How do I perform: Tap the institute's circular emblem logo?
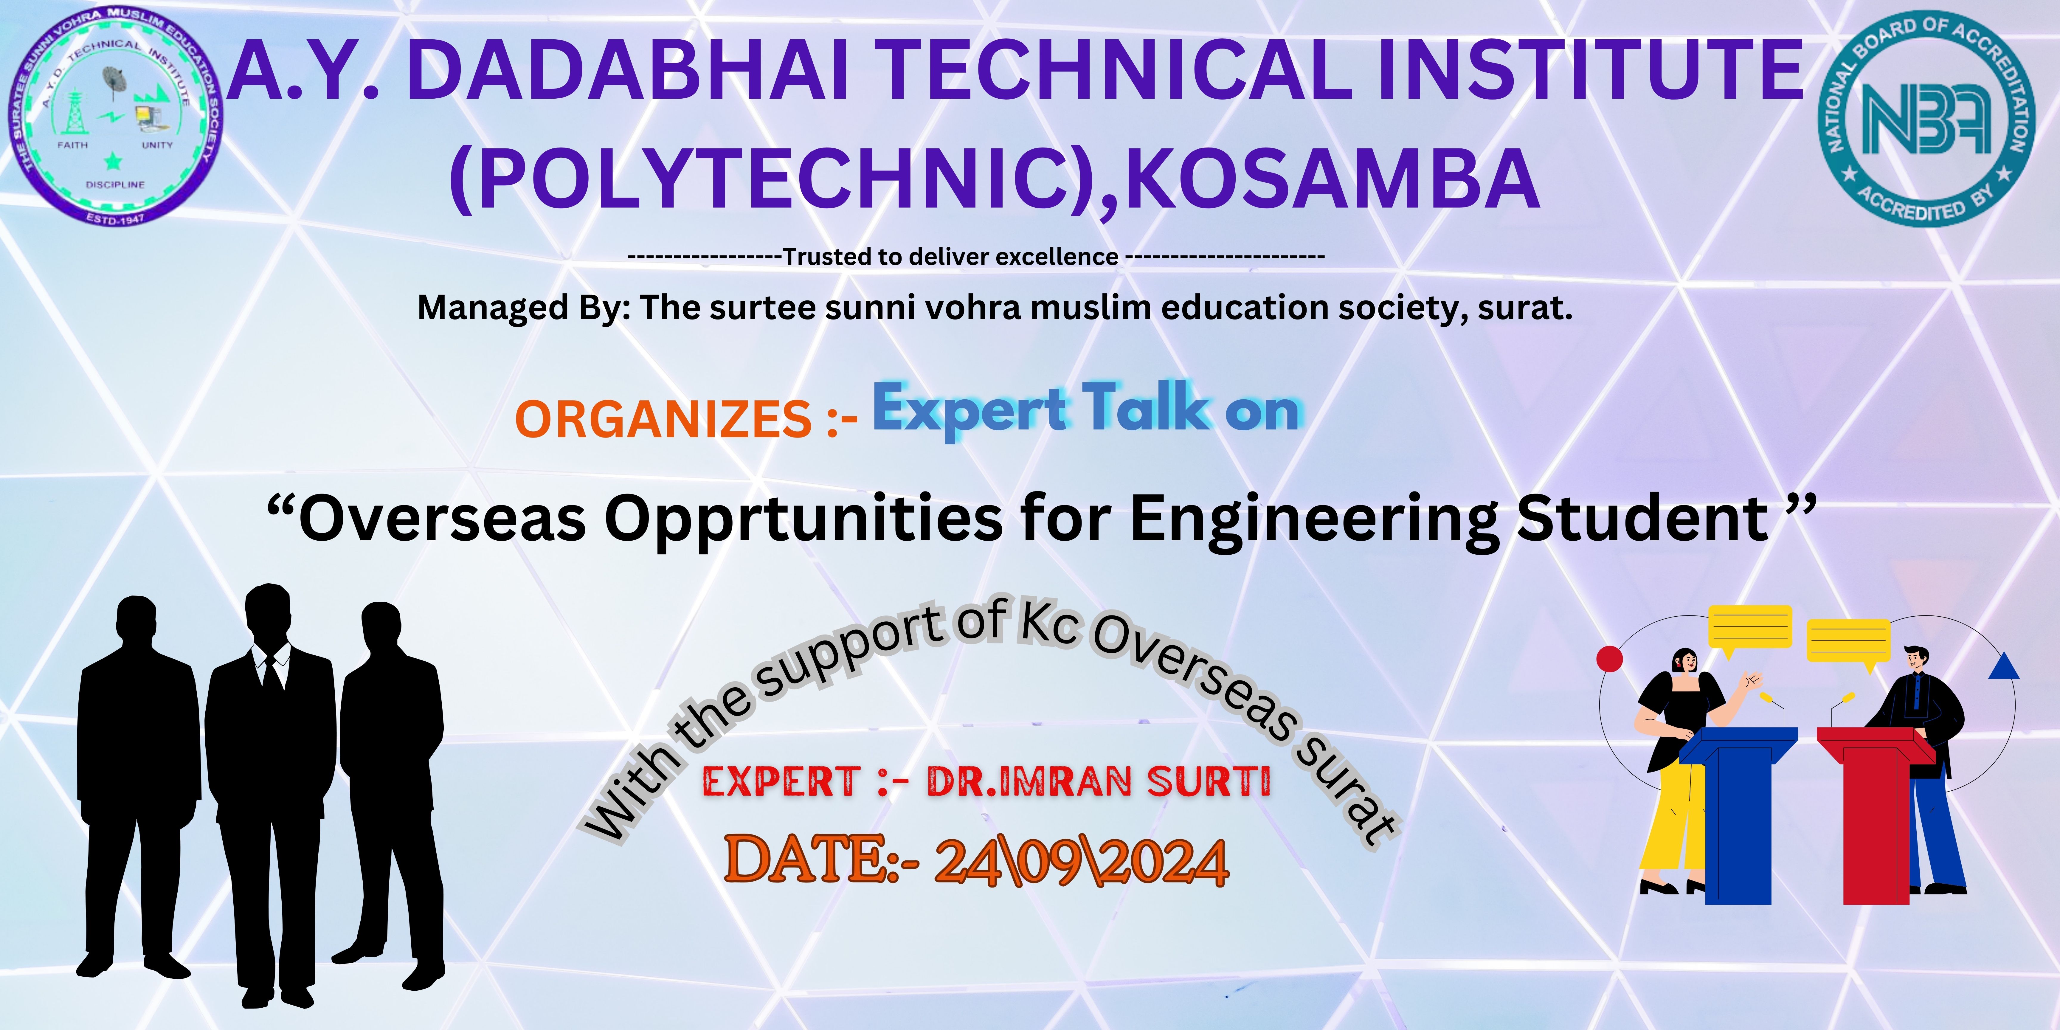(x=118, y=116)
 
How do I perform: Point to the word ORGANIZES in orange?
(x=664, y=420)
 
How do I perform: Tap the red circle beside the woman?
(x=1610, y=659)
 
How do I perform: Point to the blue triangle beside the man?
(x=2003, y=666)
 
